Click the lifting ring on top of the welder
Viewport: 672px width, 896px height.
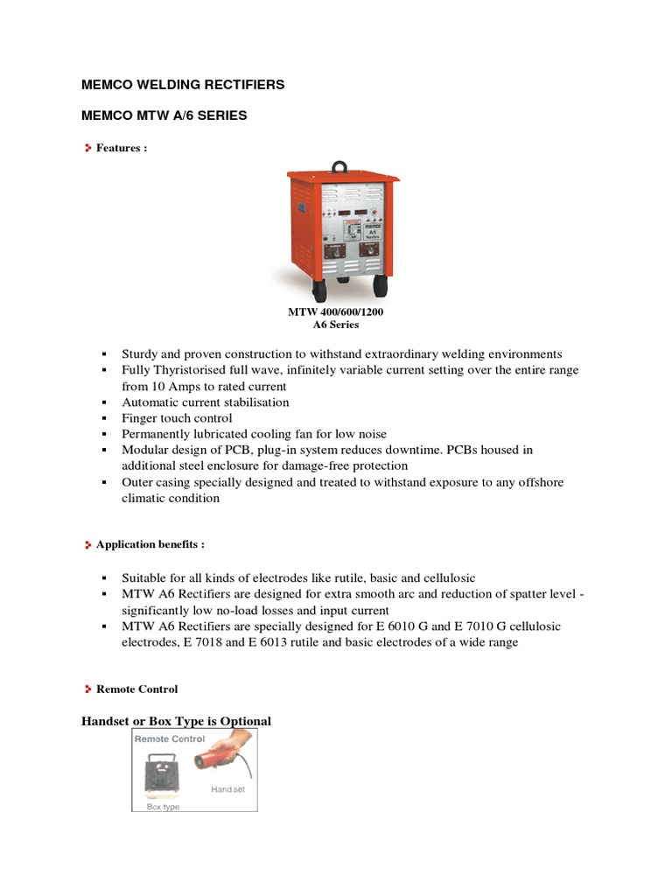coord(340,165)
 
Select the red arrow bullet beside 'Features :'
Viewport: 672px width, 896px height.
coord(87,149)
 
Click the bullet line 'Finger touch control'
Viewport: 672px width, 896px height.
coord(177,418)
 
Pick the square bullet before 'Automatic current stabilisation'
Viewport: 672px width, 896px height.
coord(103,402)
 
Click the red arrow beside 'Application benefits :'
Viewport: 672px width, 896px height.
coord(87,544)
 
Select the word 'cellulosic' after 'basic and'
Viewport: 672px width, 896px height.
coord(445,578)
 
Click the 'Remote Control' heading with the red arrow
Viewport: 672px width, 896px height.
coord(136,689)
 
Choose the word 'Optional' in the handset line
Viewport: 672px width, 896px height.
coord(245,721)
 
